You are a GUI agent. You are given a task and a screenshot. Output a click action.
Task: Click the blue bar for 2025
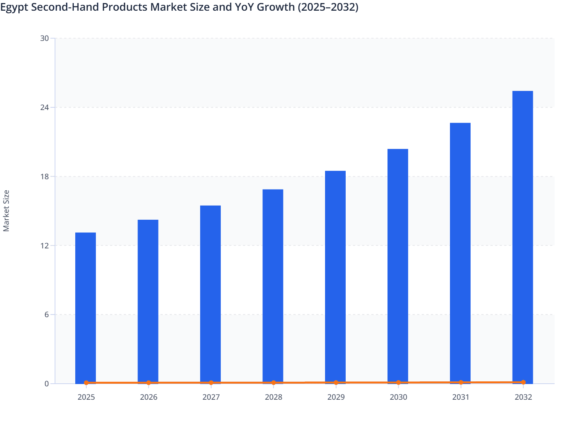(86, 308)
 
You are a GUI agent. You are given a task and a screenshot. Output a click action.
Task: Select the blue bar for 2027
(210, 294)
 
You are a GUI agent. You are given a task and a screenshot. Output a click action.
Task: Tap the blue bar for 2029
(335, 277)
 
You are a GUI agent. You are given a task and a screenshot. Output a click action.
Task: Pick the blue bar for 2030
(398, 266)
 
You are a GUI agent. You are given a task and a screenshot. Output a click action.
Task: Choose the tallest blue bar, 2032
(523, 237)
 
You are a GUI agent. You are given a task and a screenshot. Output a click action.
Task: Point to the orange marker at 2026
(149, 383)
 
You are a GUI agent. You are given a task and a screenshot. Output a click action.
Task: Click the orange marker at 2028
(273, 383)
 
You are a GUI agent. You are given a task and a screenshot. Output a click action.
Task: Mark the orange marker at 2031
(461, 382)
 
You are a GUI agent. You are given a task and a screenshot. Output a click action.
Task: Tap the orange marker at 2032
(523, 382)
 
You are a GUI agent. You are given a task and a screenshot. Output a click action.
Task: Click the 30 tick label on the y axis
(45, 38)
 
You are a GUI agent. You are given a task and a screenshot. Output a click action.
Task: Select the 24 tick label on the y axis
(45, 107)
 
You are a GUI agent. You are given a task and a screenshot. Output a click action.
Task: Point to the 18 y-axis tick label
(45, 177)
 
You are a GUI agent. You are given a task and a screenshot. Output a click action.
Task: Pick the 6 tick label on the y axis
(47, 315)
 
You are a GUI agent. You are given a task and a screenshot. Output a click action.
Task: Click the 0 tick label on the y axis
(47, 384)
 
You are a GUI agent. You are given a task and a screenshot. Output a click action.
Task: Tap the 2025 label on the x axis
(86, 397)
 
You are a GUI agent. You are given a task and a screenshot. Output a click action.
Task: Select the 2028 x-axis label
(273, 397)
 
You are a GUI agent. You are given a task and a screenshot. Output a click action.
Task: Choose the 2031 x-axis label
(461, 397)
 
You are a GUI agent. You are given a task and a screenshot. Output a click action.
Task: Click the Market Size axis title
(6, 211)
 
